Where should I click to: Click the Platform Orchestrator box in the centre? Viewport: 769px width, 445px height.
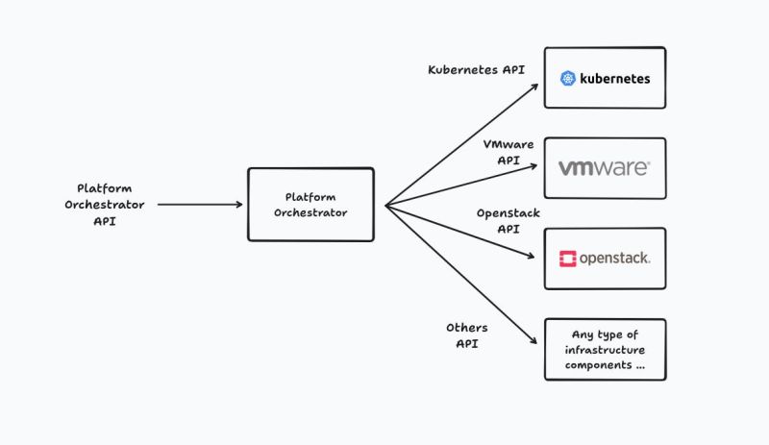click(310, 204)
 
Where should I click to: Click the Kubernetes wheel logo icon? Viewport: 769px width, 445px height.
click(567, 79)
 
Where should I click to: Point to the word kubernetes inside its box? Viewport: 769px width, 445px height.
click(615, 79)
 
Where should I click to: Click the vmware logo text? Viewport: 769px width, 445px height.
click(604, 168)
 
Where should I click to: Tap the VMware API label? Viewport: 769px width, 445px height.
click(509, 152)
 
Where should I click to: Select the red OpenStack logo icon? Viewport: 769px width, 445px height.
click(567, 259)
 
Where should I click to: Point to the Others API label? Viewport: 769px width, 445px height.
click(468, 334)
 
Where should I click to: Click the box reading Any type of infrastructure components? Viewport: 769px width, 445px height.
click(605, 349)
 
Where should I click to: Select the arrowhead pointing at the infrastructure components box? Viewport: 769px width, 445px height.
click(534, 344)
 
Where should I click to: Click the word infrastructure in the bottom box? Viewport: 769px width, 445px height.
click(606, 350)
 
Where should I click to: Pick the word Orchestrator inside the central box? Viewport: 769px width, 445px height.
click(310, 212)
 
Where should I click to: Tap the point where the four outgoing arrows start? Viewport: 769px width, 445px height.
click(385, 205)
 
